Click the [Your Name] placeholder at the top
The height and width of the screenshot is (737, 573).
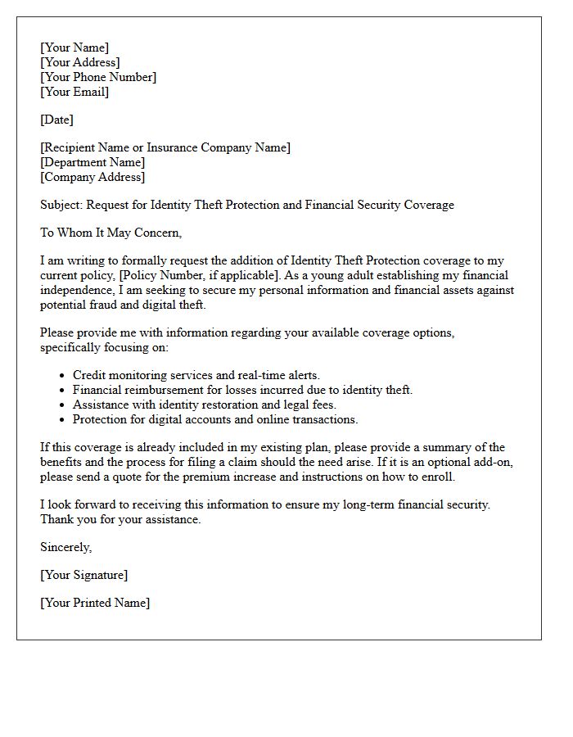[x=74, y=47]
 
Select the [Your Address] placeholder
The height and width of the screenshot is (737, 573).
[x=80, y=62]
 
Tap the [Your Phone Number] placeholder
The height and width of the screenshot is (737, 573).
[x=98, y=77]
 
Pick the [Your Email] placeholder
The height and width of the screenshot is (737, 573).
[x=74, y=92]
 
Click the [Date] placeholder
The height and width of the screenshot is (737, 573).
[x=56, y=120]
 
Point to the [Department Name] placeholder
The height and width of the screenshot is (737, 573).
[x=92, y=162]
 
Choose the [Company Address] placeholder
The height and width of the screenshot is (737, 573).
[x=92, y=177]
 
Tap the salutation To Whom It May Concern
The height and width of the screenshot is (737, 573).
[x=111, y=233]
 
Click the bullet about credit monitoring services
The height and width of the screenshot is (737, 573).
[x=196, y=375]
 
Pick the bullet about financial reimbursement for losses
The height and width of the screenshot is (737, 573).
[x=242, y=390]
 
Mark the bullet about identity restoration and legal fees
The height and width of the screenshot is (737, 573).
[x=205, y=405]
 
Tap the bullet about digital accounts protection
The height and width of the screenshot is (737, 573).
[x=215, y=419]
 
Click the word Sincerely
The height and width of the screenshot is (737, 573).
[x=66, y=547]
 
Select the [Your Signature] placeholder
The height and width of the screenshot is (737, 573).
[x=83, y=575]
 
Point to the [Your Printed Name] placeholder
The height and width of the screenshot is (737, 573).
[x=95, y=603]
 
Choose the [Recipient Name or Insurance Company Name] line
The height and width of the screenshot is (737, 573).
[x=165, y=147]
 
